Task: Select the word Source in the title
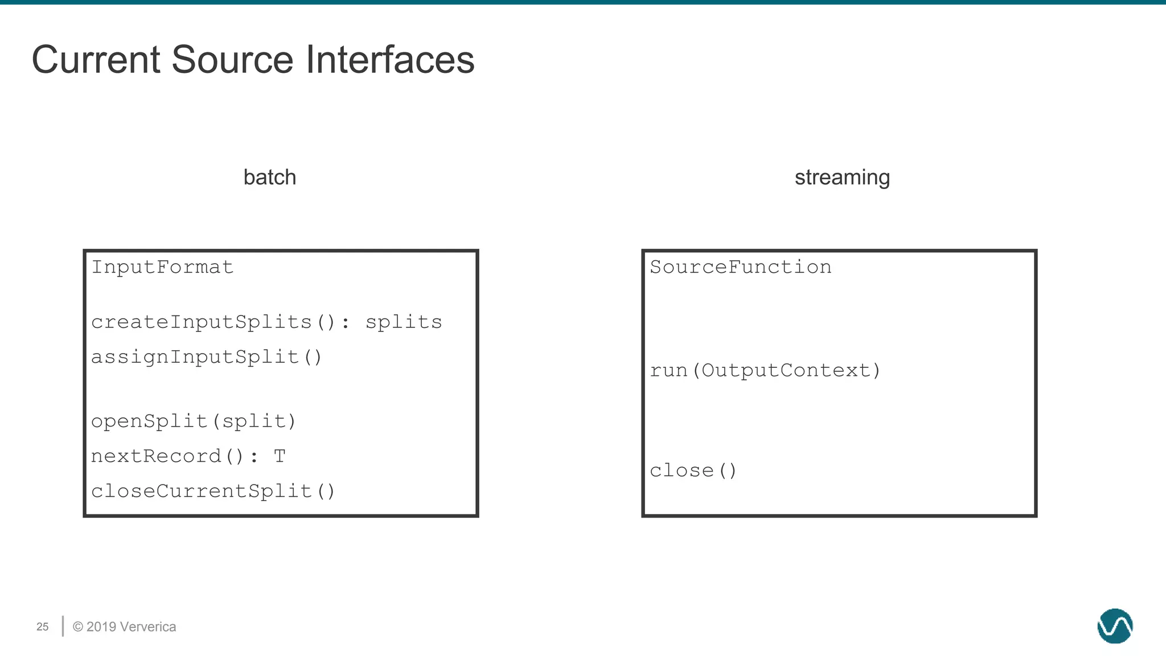click(232, 60)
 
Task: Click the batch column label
click(269, 178)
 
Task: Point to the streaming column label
click(842, 178)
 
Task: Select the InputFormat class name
click(162, 267)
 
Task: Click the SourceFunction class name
click(740, 267)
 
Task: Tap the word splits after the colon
click(403, 322)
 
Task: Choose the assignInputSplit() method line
click(207, 357)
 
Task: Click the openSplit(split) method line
click(194, 421)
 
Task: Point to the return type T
click(279, 456)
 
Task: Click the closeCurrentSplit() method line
click(214, 491)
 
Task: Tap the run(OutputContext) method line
click(765, 371)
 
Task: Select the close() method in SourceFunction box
click(693, 471)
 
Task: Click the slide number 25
click(43, 627)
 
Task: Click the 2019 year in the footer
click(101, 627)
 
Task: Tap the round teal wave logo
click(1115, 626)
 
